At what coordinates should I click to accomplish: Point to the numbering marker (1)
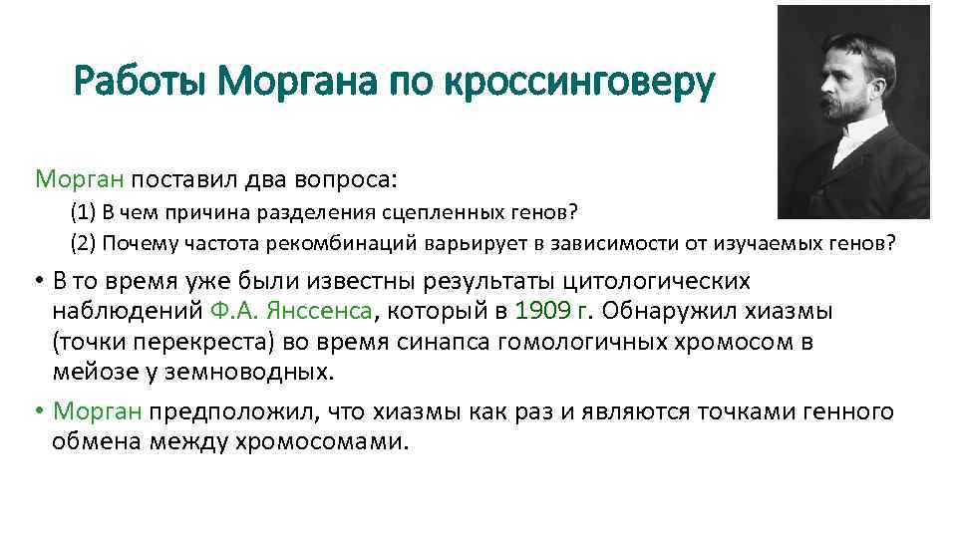click(x=84, y=212)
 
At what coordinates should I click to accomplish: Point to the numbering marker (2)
click(x=84, y=242)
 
